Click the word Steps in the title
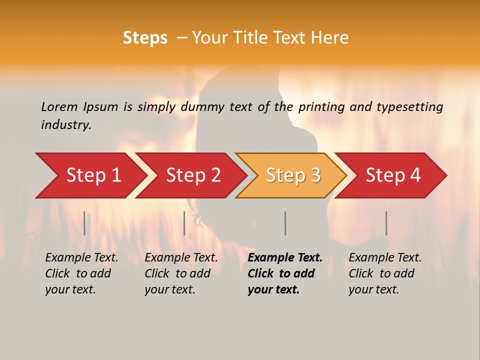point(145,38)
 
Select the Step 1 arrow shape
point(90,175)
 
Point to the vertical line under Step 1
point(84,223)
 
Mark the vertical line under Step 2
point(184,223)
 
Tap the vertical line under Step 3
point(285,223)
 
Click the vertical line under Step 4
point(386,223)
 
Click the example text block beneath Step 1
point(81,273)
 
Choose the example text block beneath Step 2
point(181,273)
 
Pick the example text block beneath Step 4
point(385,273)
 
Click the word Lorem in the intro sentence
point(59,106)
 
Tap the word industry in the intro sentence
point(65,125)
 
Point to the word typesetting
point(409,107)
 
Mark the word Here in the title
point(330,38)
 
